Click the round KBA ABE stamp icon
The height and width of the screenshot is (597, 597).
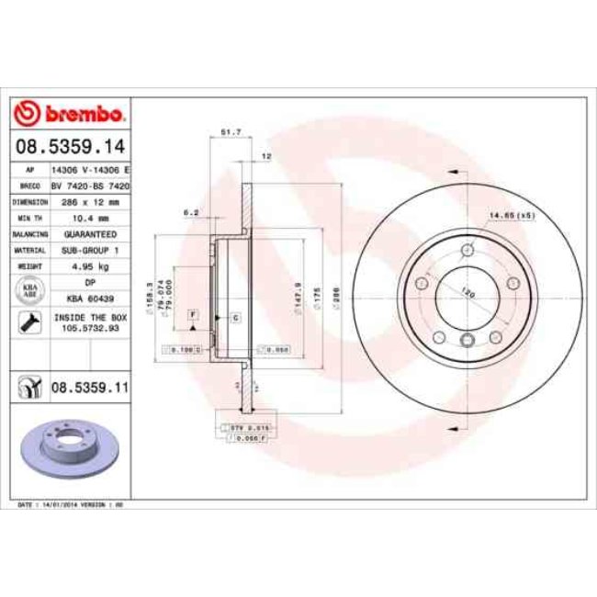point(28,291)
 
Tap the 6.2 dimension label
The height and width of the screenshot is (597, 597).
point(191,212)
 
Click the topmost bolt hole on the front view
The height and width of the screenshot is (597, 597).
point(468,250)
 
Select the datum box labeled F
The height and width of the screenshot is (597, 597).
point(194,314)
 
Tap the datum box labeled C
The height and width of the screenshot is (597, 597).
point(234,318)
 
